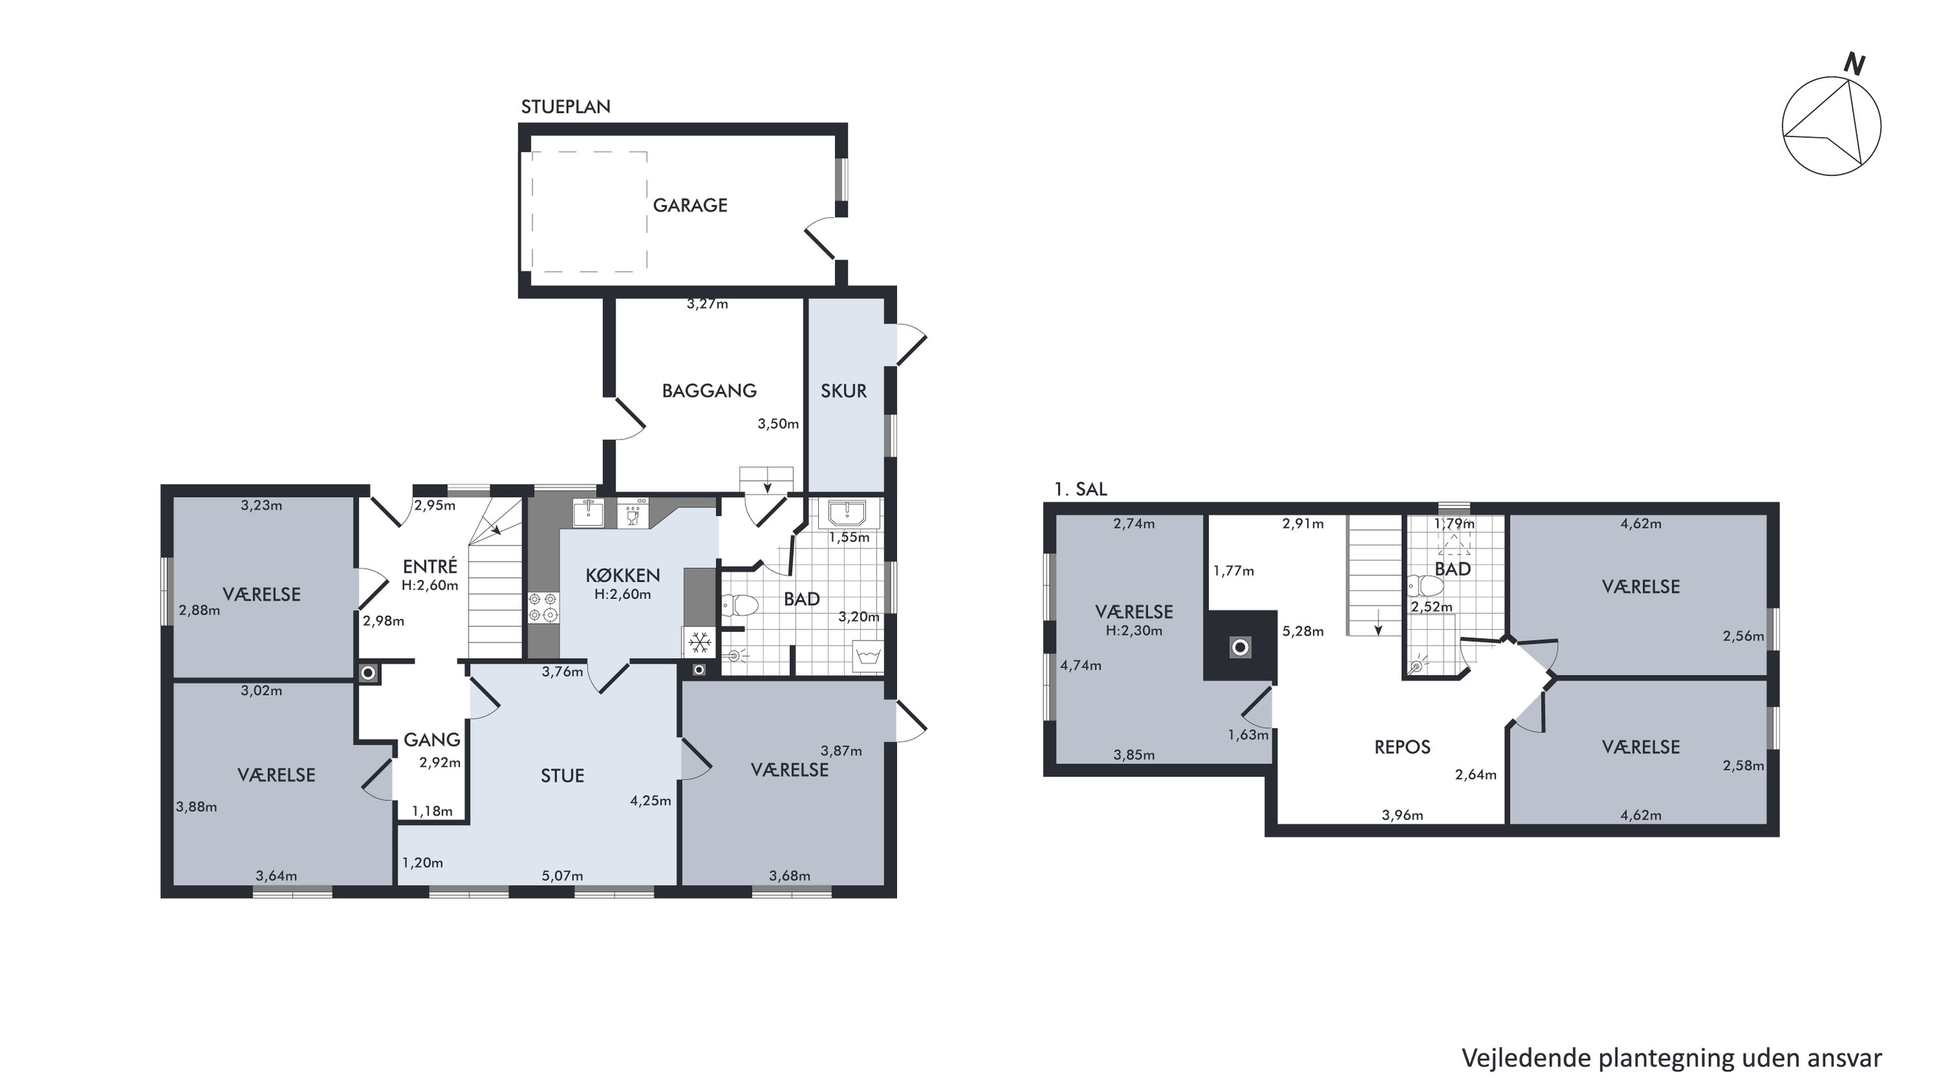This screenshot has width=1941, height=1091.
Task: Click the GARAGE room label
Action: click(689, 205)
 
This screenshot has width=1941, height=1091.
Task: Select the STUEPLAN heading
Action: click(566, 107)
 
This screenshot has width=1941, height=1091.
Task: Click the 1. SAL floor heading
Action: click(1080, 489)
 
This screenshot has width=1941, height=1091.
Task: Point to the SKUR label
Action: click(843, 391)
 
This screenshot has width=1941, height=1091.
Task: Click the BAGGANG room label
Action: click(709, 390)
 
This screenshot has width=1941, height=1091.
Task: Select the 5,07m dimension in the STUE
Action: click(562, 876)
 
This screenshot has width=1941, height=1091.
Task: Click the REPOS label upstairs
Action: click(1403, 747)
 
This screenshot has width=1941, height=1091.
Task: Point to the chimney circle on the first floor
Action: click(1239, 646)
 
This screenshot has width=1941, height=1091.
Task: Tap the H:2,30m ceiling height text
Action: click(1134, 631)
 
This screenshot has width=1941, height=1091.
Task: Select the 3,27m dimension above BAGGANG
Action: click(707, 304)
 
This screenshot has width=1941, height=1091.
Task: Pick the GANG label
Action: click(432, 740)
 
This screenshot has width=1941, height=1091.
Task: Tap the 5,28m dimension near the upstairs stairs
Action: click(1303, 632)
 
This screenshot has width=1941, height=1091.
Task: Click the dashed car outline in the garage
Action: click(589, 212)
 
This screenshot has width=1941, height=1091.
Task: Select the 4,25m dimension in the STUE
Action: click(650, 801)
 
